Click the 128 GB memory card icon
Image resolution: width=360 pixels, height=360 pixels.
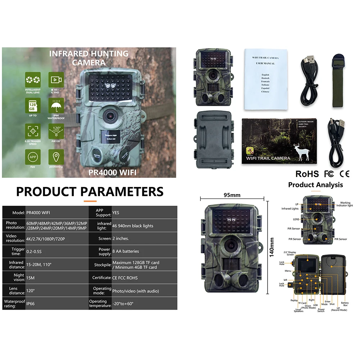coord(32,105)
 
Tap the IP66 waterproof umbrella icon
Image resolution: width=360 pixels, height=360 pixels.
coord(55,105)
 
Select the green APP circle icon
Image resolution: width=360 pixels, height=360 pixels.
coord(32,156)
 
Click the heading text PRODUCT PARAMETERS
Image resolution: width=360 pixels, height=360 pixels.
coord(90,191)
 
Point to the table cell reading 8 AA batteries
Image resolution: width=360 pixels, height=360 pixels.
coord(126,251)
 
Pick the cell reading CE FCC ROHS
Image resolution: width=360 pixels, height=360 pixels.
coord(125,278)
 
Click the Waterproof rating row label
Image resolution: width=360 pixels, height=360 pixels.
coord(14,304)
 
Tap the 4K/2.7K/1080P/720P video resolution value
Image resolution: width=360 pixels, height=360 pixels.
coord(46,238)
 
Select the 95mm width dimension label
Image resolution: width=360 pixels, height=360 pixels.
coord(232,195)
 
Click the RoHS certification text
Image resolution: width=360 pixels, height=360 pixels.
coord(307,174)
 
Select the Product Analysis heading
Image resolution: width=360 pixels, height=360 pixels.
coord(315,185)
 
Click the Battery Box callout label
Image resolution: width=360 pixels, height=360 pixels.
coord(345,304)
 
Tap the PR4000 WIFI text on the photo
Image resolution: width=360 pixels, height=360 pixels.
coord(112,172)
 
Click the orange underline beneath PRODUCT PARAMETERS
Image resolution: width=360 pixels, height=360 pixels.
coord(90,201)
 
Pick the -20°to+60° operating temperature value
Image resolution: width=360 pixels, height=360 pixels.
coord(123,304)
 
